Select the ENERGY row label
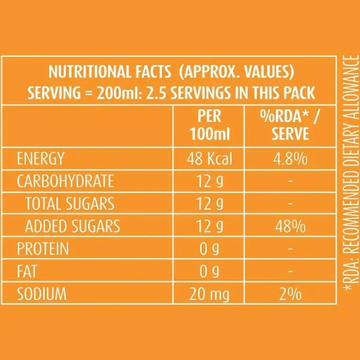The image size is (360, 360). point(41,160)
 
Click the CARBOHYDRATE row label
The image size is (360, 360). point(65,182)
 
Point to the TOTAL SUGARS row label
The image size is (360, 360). point(70,204)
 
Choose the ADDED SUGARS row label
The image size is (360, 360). point(72,227)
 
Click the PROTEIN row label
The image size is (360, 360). point(43,249)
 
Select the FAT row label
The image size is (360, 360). point(28,272)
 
